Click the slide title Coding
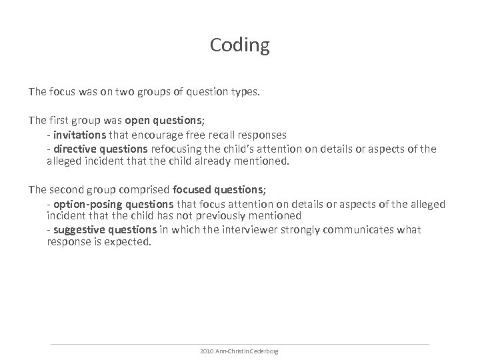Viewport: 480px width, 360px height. click(x=239, y=45)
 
